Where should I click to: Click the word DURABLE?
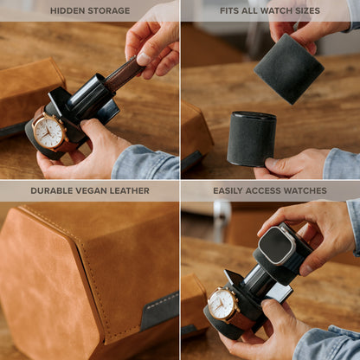(x=52, y=190)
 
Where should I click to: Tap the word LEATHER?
(x=130, y=190)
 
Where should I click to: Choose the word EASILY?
(x=233, y=190)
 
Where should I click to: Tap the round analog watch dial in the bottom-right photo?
(x=223, y=303)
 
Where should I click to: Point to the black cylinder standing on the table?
(x=252, y=138)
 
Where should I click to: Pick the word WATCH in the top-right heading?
(x=281, y=10)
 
